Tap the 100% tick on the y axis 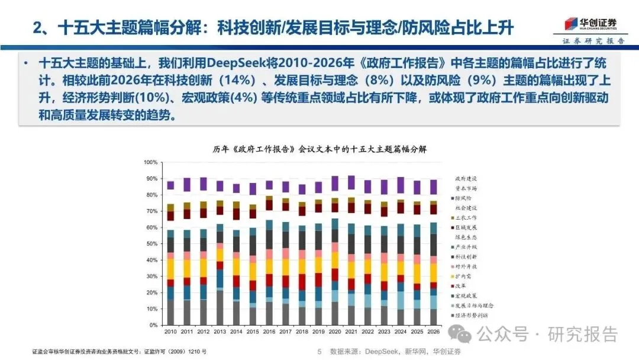pyautogui.click(x=150, y=162)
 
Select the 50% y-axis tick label pyautogui.click(x=151, y=244)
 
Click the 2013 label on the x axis pyautogui.click(x=220, y=332)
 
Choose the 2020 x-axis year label pyautogui.click(x=334, y=332)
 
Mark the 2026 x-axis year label pyautogui.click(x=433, y=332)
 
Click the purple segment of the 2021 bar pyautogui.click(x=351, y=182)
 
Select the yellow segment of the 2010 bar pyautogui.click(x=170, y=268)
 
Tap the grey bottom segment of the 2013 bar pyautogui.click(x=220, y=308)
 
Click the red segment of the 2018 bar pyautogui.click(x=302, y=282)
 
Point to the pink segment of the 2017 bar pyautogui.click(x=285, y=253)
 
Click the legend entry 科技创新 pyautogui.click(x=466, y=256)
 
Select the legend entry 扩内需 pyautogui.click(x=462, y=276)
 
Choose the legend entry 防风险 pyautogui.click(x=462, y=198)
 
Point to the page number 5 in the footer pyautogui.click(x=319, y=351)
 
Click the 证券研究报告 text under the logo pyautogui.click(x=593, y=41)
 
